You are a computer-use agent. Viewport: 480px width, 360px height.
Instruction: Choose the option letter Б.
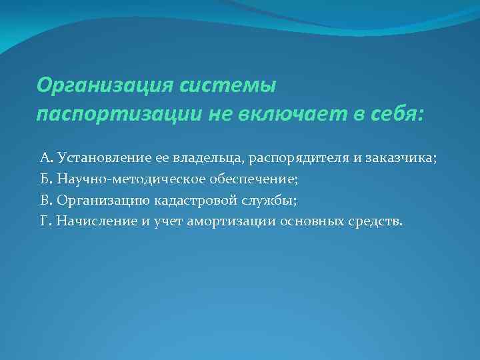(x=45, y=179)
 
